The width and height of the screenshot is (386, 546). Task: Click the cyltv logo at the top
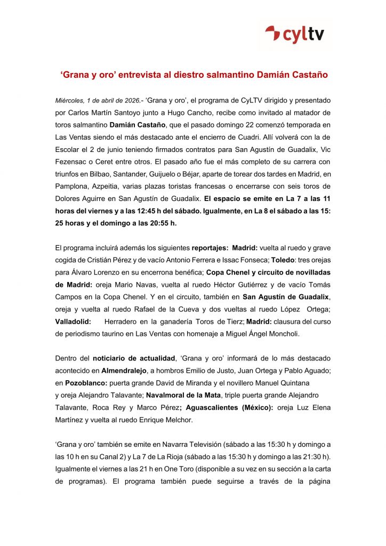pyautogui.click(x=298, y=35)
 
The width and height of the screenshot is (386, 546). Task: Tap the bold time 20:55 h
pyautogui.click(x=162, y=223)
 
